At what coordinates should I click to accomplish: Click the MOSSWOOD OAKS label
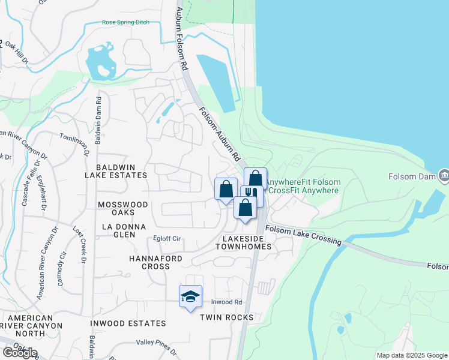[x=123, y=209]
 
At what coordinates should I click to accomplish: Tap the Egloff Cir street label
[x=167, y=238]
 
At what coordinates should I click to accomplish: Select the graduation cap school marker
[x=190, y=296]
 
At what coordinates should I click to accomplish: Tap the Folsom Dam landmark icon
[x=444, y=175]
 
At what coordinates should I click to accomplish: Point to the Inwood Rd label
[x=226, y=302]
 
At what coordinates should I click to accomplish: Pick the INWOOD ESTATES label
[x=128, y=323]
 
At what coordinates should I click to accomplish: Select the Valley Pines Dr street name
[x=157, y=346]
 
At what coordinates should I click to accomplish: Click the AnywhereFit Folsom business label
[x=303, y=182]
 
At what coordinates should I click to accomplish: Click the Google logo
[x=20, y=353]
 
